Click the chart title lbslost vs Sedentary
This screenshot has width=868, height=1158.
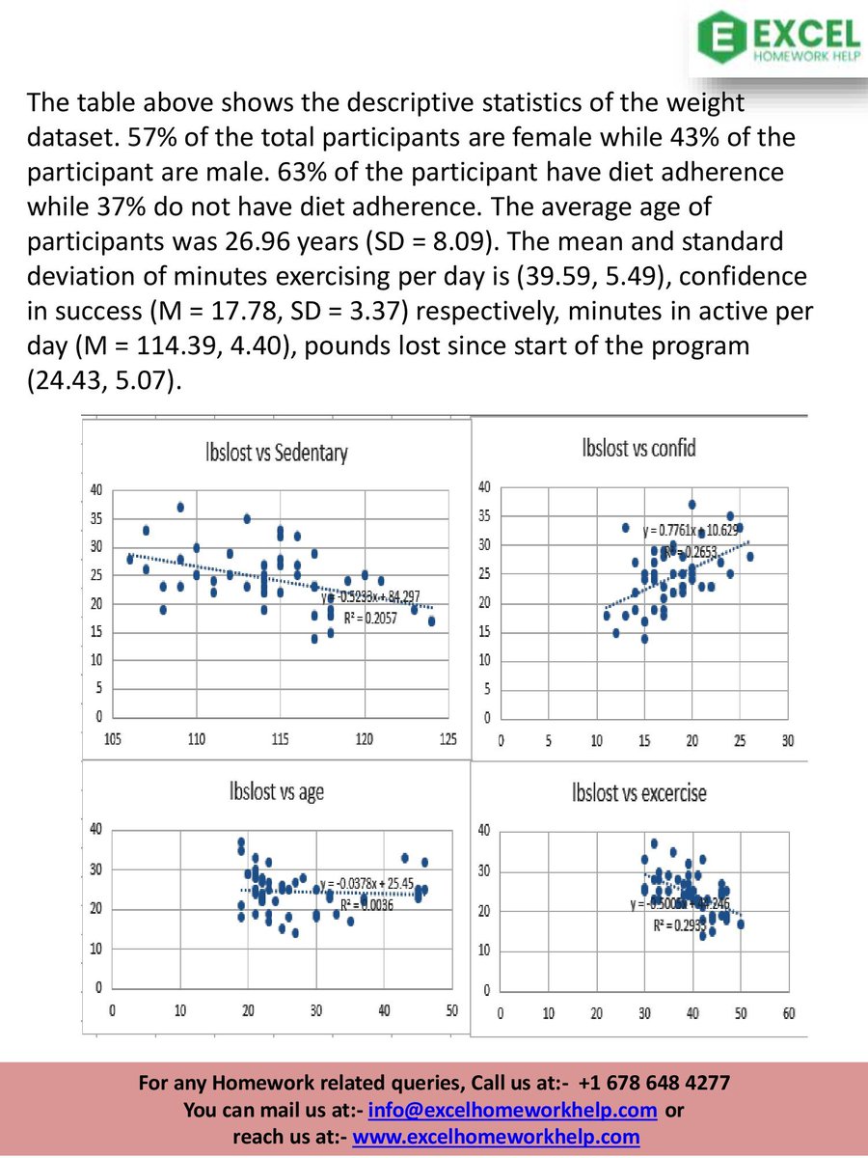(276, 453)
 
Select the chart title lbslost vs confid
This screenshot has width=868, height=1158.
(639, 448)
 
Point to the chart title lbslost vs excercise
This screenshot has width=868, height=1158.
(638, 793)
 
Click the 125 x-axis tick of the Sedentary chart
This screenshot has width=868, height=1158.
(448, 738)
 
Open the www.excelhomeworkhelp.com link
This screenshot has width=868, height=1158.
(497, 1137)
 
